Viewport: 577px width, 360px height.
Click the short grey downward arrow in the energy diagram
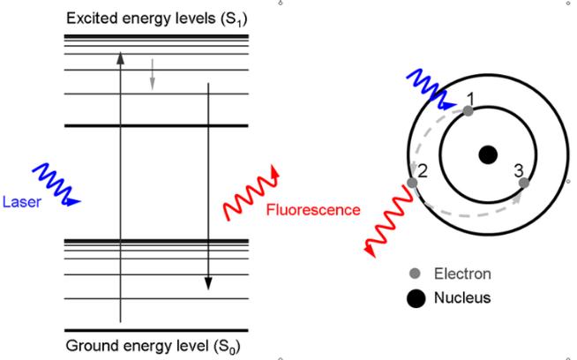coord(153,74)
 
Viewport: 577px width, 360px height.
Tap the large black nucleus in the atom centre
coord(487,155)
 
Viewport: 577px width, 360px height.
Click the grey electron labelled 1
coord(468,111)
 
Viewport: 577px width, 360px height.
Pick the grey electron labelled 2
coord(412,183)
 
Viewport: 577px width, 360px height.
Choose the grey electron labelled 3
coord(524,183)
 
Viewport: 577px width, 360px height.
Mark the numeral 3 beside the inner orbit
coord(518,169)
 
